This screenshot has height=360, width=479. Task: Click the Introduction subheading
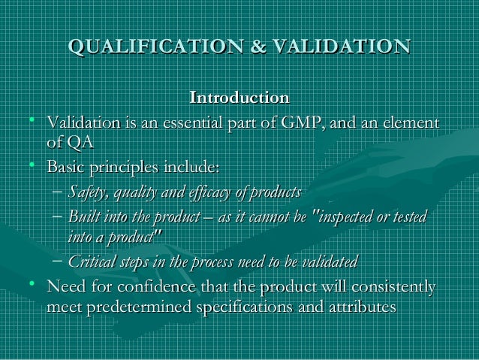point(239,98)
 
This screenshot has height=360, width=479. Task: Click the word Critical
point(93,262)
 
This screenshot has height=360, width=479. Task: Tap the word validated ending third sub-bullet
point(331,262)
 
